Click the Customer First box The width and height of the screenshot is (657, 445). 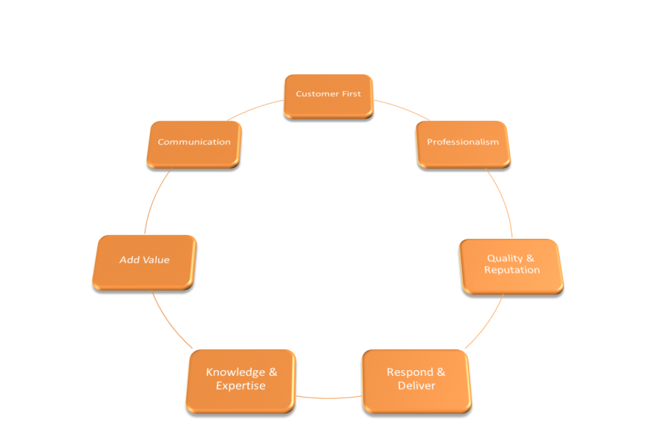328,95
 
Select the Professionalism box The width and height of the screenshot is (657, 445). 462,142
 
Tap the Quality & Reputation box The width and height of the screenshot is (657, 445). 511,265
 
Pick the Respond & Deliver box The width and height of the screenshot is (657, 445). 416,379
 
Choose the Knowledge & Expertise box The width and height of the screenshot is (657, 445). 241,379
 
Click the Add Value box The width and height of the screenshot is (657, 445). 145,260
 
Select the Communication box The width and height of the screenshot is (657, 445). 194,142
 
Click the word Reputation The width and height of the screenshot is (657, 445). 511,271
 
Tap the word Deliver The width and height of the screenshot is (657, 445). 416,386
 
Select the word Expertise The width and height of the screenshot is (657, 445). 241,386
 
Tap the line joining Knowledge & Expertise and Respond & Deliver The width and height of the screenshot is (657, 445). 329,397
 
